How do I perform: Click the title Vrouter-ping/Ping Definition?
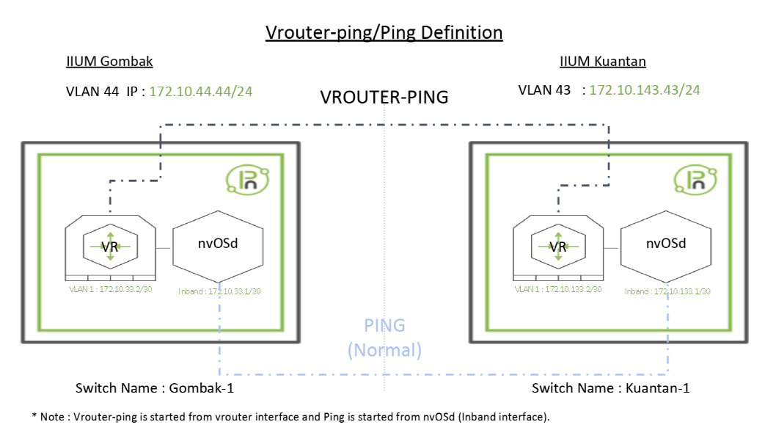click(x=384, y=33)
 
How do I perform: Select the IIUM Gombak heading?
click(x=109, y=62)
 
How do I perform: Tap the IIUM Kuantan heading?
click(x=602, y=62)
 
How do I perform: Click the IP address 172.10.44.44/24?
click(x=202, y=91)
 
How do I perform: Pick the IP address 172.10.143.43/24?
click(x=645, y=90)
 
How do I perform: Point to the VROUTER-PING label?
click(x=384, y=98)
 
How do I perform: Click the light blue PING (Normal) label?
click(x=384, y=338)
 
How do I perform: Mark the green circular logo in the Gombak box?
click(x=246, y=179)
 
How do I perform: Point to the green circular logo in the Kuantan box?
click(x=693, y=179)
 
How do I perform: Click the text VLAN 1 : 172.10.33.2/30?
click(x=111, y=290)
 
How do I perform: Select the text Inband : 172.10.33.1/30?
click(x=219, y=291)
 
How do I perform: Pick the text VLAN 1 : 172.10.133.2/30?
click(x=558, y=290)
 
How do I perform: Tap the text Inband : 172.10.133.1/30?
click(x=667, y=291)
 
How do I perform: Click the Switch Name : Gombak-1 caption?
click(x=155, y=387)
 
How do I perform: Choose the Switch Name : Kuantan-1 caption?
click(x=610, y=387)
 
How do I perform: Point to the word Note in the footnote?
click(x=53, y=416)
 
